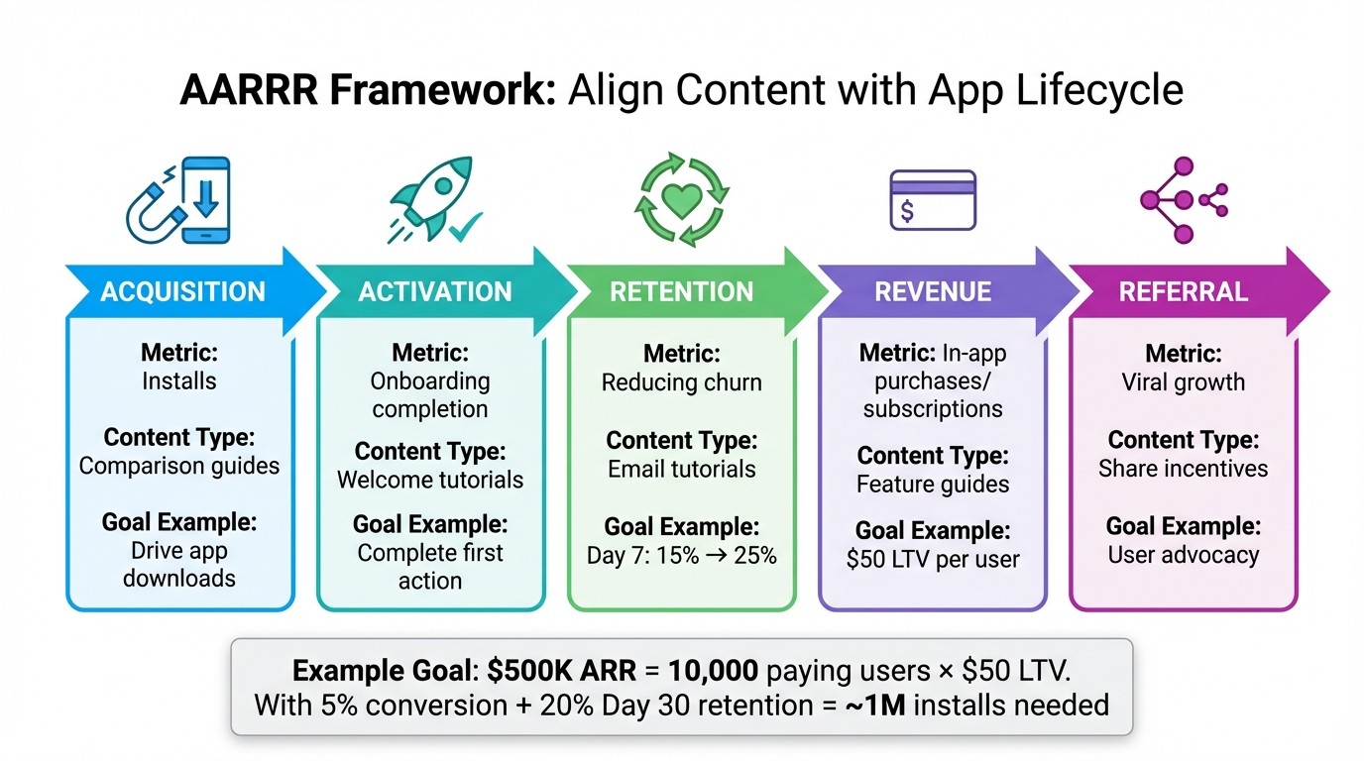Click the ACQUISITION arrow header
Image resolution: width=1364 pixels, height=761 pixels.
pyautogui.click(x=183, y=291)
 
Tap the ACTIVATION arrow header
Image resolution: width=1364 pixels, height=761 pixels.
pyautogui.click(x=435, y=291)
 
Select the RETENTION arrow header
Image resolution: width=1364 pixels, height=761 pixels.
pyautogui.click(x=682, y=291)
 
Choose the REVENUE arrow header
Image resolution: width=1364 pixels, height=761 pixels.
pyautogui.click(x=933, y=291)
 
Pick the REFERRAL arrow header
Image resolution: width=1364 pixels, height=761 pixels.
pyautogui.click(x=1183, y=291)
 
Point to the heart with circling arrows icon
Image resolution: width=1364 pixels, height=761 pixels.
pyautogui.click(x=682, y=199)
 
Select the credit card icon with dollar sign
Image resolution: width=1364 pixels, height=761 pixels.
pyautogui.click(x=933, y=200)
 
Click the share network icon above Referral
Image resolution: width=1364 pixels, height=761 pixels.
pyautogui.click(x=1182, y=200)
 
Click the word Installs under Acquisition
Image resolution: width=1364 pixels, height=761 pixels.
pyautogui.click(x=179, y=381)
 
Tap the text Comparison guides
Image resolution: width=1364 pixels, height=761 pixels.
pyautogui.click(x=179, y=466)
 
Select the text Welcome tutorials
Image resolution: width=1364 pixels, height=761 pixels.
pyautogui.click(x=430, y=480)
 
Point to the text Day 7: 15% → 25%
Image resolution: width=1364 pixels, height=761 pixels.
pyautogui.click(x=682, y=555)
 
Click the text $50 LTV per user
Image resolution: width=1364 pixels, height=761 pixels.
pyautogui.click(x=933, y=559)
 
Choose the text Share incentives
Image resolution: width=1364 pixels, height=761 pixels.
pyautogui.click(x=1183, y=468)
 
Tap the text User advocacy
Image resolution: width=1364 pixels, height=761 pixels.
pyautogui.click(x=1183, y=554)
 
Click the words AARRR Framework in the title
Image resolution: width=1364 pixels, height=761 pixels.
pyautogui.click(x=367, y=90)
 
